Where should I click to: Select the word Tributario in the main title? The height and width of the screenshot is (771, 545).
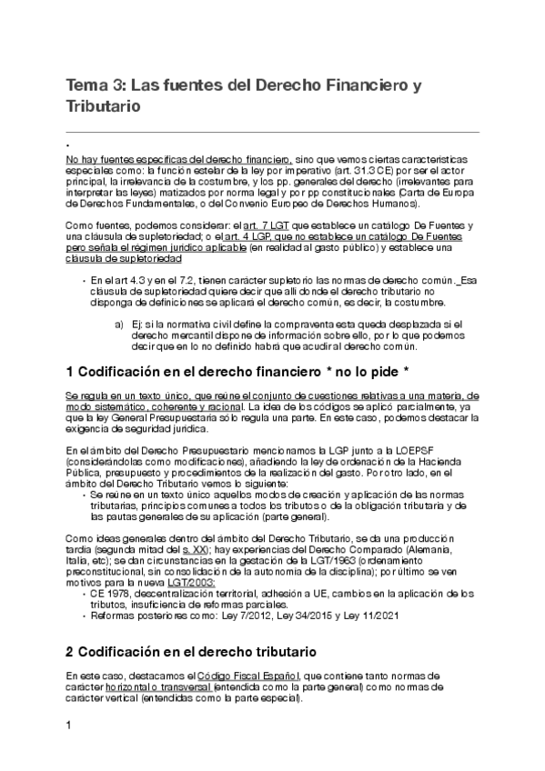coord(103,107)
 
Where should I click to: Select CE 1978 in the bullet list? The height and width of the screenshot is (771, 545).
coord(113,595)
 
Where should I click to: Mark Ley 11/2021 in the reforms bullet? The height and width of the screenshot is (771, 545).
coord(358,616)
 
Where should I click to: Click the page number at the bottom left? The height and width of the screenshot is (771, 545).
coord(69,726)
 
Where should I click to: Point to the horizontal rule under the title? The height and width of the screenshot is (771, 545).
coord(272,132)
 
